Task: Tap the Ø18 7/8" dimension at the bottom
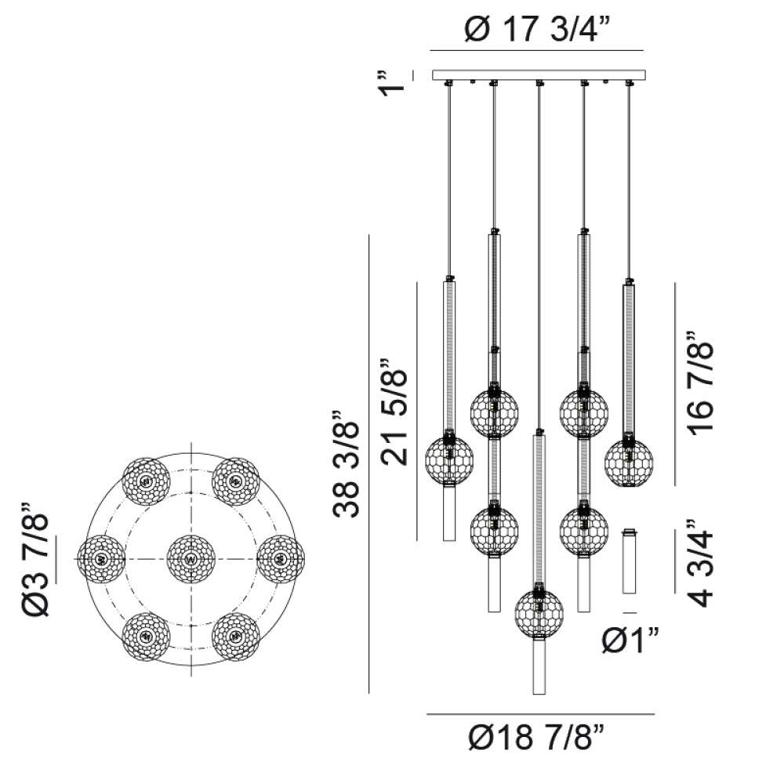click(x=537, y=737)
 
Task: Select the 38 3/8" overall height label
click(x=346, y=463)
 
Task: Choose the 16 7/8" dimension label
click(x=700, y=383)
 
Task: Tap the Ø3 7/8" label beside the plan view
click(x=35, y=559)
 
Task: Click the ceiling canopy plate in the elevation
click(x=539, y=75)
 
